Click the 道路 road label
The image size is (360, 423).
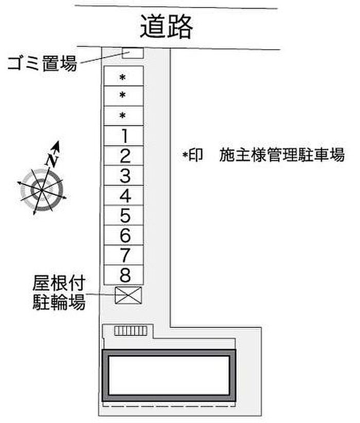[x=166, y=27]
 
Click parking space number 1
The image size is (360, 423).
[x=124, y=136]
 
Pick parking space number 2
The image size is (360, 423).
[x=124, y=156]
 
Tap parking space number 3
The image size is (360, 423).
[x=124, y=176]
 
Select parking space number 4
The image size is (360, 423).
[x=124, y=196]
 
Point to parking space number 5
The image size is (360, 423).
[x=124, y=215]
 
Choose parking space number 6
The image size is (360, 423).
[x=124, y=235]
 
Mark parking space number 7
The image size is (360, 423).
[x=124, y=254]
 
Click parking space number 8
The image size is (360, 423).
[x=124, y=273]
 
